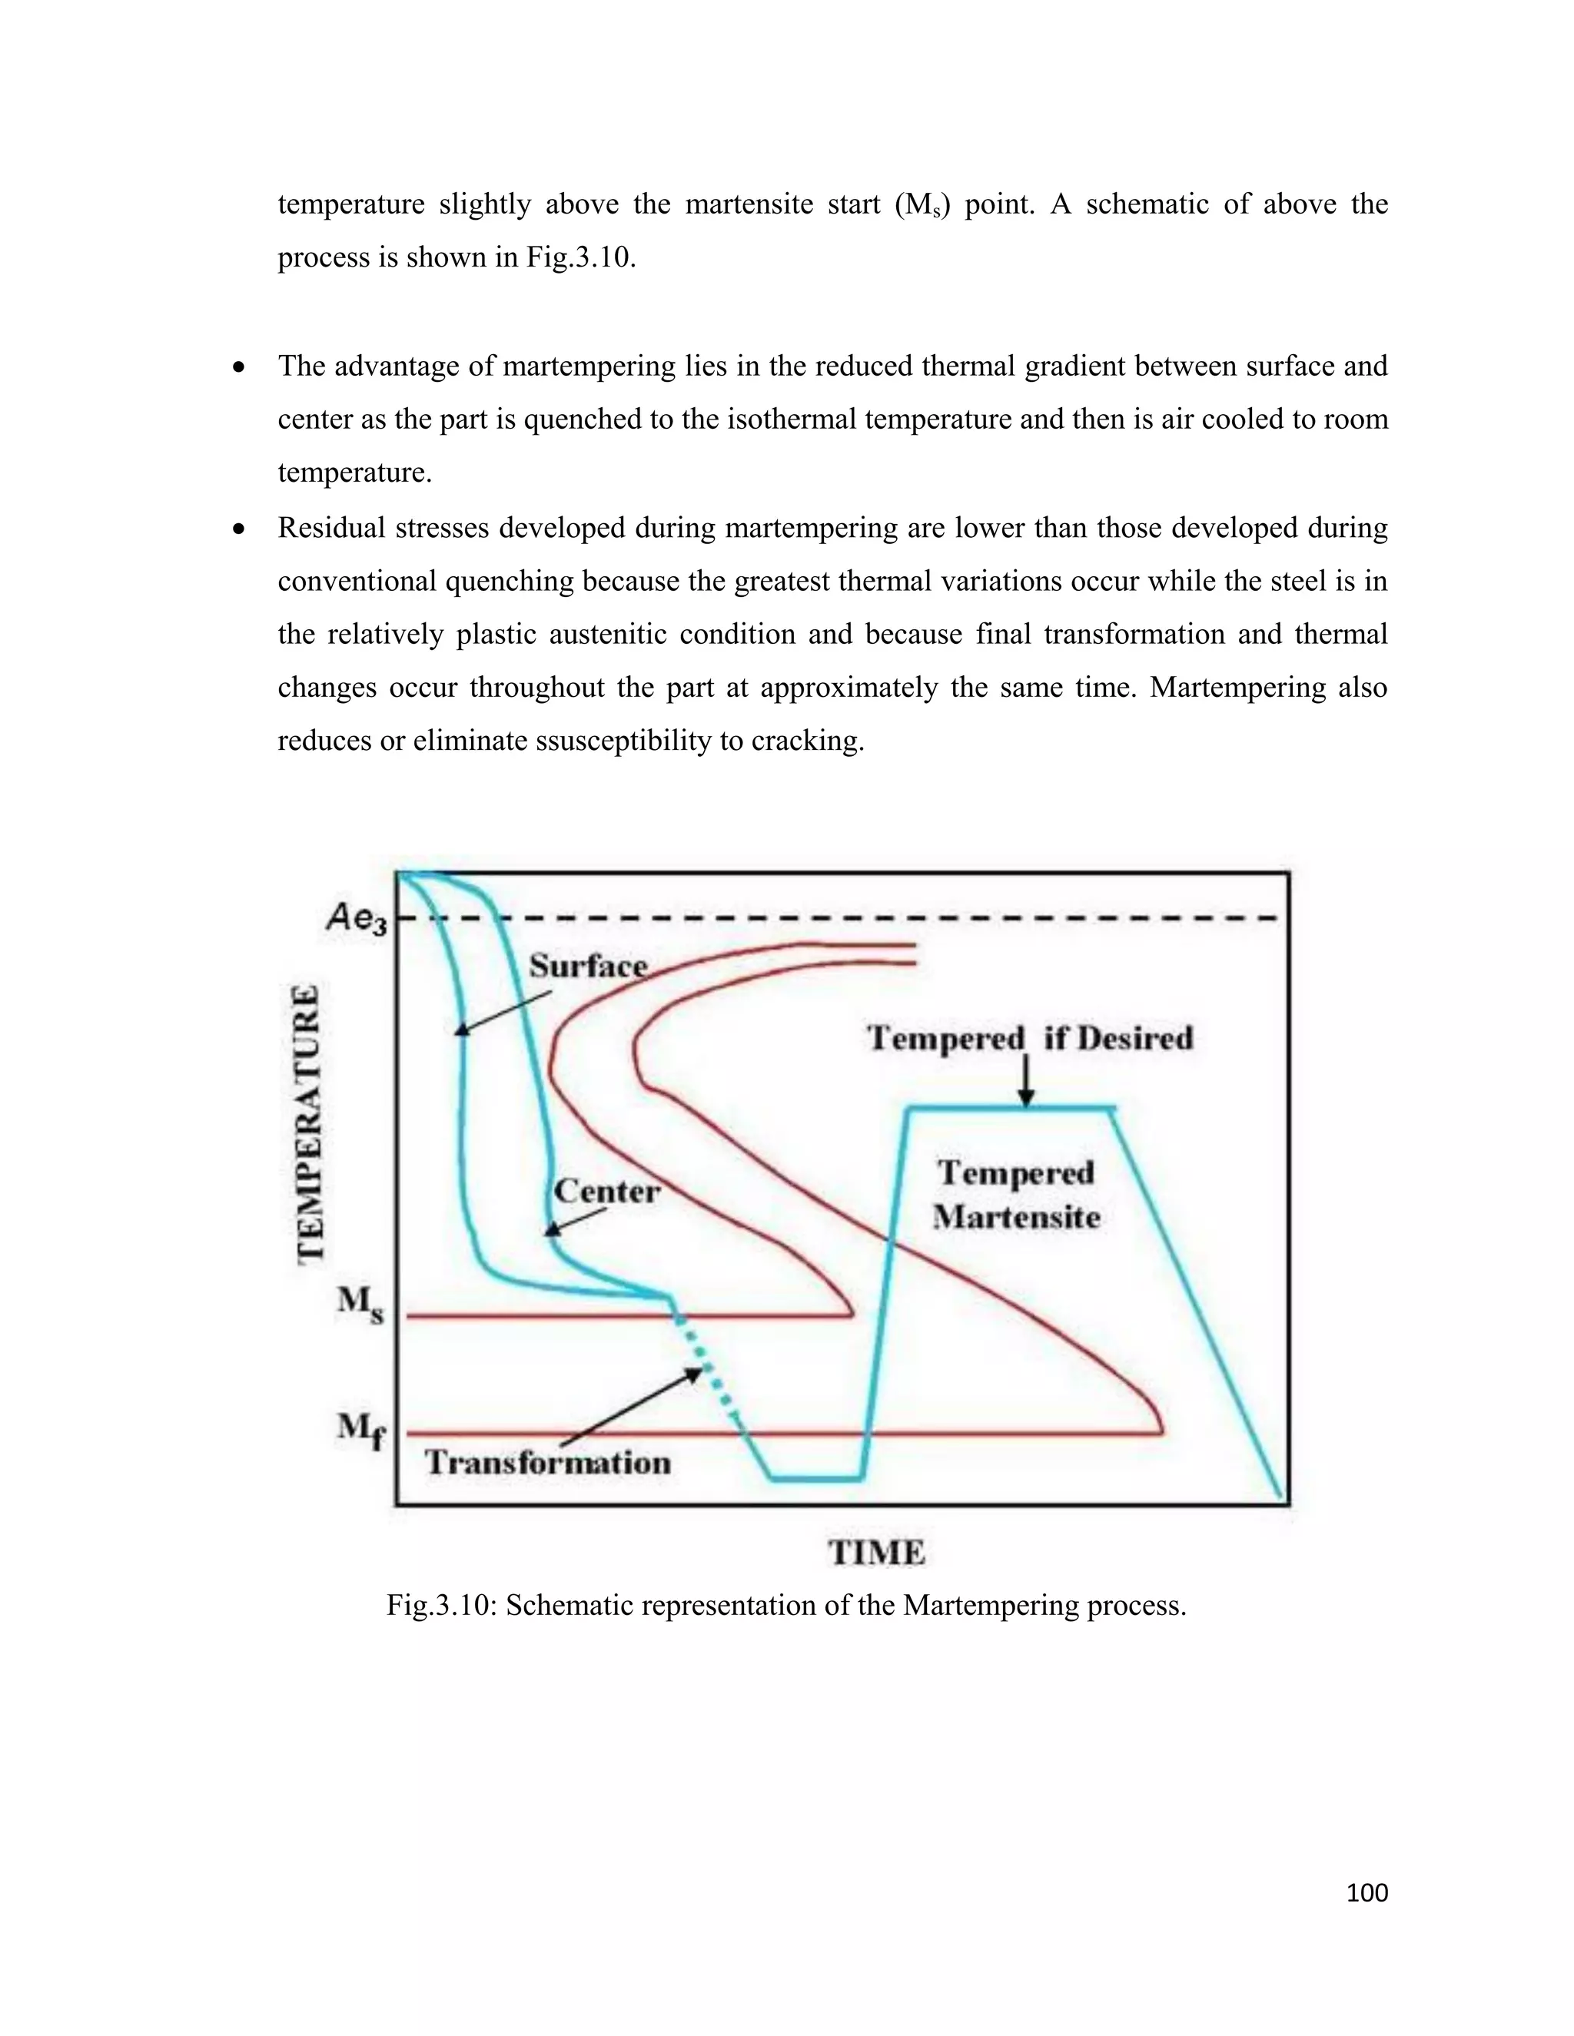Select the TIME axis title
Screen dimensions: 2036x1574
tap(876, 1553)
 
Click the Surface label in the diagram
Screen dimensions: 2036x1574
tap(587, 966)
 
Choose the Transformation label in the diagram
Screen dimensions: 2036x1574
tap(548, 1463)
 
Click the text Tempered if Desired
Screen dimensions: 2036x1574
tap(1029, 1037)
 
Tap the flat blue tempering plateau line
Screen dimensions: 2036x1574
tap(1011, 1109)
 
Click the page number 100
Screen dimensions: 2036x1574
tap(1367, 1892)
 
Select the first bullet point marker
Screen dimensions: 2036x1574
tap(240, 367)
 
